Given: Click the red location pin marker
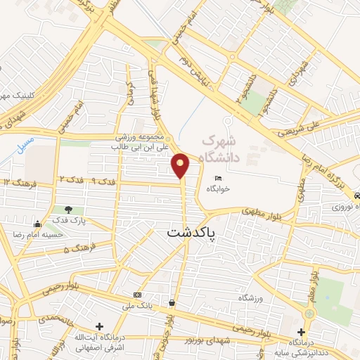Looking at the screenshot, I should coord(181,165).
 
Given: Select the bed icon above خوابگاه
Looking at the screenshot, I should coord(218,179).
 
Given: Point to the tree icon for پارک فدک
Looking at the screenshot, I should coord(68,210).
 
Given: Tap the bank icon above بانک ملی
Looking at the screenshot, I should coord(136,294).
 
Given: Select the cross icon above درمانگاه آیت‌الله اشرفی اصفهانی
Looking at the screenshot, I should coord(101,327).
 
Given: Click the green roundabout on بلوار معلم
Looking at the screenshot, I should coord(310,311).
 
